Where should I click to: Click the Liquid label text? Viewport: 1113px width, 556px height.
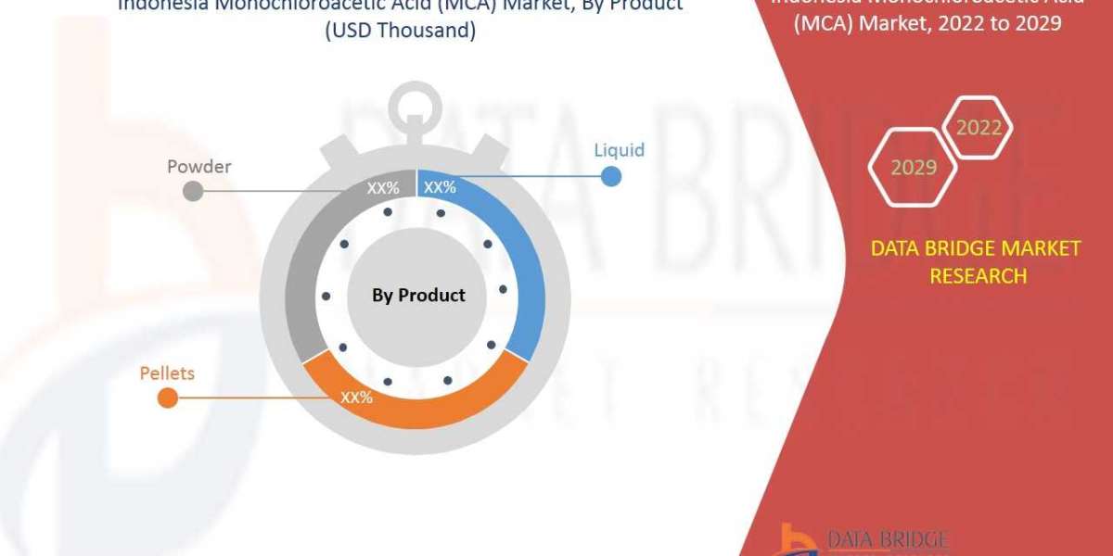tap(619, 150)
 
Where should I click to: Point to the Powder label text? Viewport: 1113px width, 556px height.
tap(198, 167)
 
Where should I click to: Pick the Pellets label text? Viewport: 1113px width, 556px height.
tap(167, 373)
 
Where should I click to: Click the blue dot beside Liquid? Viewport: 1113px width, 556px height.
tap(610, 175)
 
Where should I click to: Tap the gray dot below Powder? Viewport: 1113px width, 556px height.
tap(193, 191)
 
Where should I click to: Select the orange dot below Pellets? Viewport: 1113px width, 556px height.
tap(167, 398)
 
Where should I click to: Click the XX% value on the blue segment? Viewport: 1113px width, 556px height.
tap(440, 188)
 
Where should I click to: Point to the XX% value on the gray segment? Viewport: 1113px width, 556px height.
tap(383, 188)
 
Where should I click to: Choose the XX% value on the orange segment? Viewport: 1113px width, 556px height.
tap(356, 398)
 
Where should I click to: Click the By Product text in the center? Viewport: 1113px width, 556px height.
tap(418, 296)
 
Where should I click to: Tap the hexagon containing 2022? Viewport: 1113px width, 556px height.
tap(979, 128)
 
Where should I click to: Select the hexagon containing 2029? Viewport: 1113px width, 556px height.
tap(913, 168)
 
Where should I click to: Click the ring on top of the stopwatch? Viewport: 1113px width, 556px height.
tap(416, 108)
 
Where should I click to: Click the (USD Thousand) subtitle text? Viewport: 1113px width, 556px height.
tap(400, 30)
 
